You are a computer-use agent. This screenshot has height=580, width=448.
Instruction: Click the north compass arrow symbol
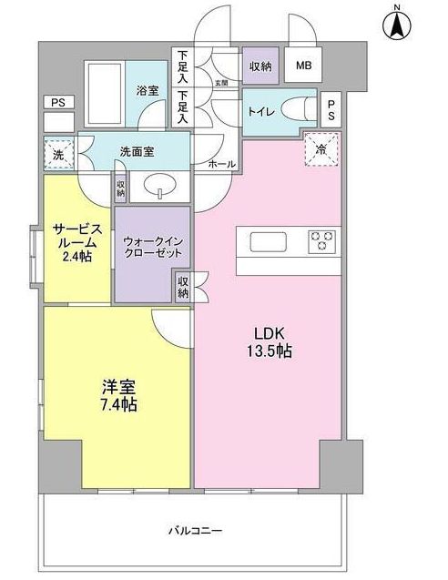[397, 25]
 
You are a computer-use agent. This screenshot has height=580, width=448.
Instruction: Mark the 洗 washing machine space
[58, 154]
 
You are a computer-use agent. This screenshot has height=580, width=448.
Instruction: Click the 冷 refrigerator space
[321, 148]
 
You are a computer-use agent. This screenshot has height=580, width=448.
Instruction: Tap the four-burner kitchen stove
[321, 241]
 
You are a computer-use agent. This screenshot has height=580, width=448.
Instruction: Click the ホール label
[221, 164]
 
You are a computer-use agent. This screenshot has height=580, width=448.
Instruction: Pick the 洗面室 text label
[137, 152]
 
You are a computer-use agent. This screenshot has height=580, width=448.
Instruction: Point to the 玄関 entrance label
[220, 83]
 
